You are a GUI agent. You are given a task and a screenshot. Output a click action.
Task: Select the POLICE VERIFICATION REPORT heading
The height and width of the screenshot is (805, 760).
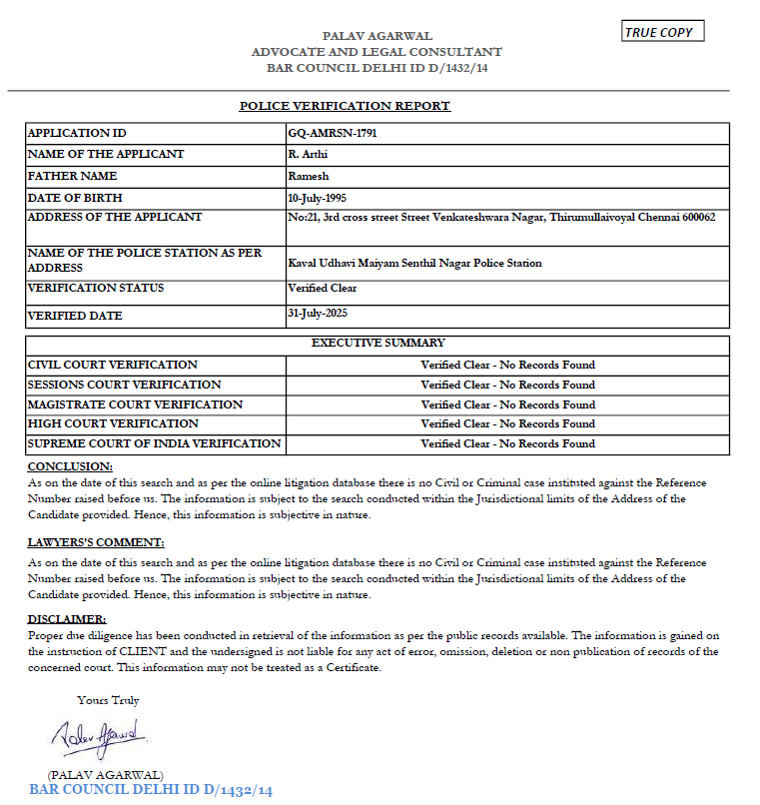tap(345, 106)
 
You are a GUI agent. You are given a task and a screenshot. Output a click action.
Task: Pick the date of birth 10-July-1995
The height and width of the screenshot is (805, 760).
tap(317, 198)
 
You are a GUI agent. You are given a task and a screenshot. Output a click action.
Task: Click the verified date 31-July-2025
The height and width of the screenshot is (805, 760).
tap(317, 314)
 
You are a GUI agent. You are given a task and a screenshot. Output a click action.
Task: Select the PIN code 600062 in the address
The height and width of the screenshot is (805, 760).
tap(698, 217)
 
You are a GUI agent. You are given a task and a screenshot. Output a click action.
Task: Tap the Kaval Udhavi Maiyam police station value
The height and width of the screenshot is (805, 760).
tap(414, 263)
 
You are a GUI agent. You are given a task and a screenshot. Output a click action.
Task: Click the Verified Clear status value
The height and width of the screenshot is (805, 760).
tap(322, 288)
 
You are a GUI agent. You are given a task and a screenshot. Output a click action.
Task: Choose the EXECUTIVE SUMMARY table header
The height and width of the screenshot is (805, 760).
tap(378, 343)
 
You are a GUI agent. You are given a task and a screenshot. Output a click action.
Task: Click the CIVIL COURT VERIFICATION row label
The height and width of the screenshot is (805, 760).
tap(113, 365)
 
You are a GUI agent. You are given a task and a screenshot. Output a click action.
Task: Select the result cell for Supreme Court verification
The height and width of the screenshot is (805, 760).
tap(507, 443)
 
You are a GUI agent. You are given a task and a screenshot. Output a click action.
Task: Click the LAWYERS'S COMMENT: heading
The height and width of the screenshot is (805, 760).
tap(96, 542)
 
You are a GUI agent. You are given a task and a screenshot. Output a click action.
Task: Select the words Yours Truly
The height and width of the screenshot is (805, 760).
tap(108, 700)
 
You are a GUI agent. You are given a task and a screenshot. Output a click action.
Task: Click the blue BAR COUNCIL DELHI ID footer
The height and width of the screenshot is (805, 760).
tap(151, 790)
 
